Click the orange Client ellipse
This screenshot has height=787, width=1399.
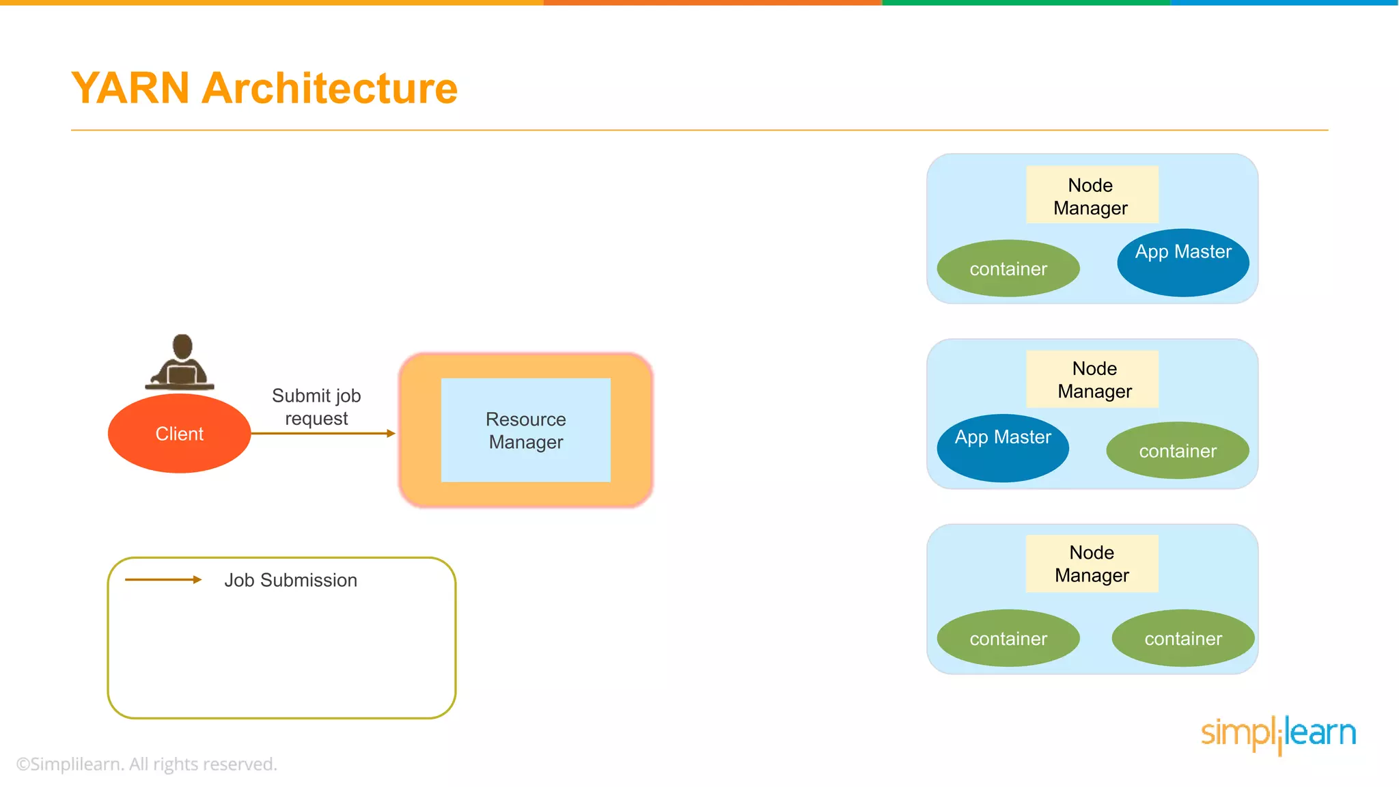pyautogui.click(x=179, y=433)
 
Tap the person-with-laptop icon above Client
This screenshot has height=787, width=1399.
pyautogui.click(x=181, y=363)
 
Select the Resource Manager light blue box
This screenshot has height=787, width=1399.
pyautogui.click(x=525, y=430)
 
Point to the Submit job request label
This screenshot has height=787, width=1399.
pyautogui.click(x=316, y=406)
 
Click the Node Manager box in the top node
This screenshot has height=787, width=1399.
pyautogui.click(x=1092, y=195)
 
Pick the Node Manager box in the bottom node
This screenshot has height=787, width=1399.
pyautogui.click(x=1092, y=564)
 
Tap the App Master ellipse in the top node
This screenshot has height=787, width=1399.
pyautogui.click(x=1182, y=262)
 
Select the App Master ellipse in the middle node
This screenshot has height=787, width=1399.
pyautogui.click(x=1002, y=447)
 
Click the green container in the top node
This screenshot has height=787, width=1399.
pyautogui.click(x=1008, y=268)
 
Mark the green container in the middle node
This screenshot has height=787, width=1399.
pyautogui.click(x=1177, y=451)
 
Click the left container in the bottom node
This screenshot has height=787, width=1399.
pyautogui.click(x=1008, y=638)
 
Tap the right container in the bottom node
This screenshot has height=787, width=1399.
pyautogui.click(x=1182, y=638)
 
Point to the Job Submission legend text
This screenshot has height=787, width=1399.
pyautogui.click(x=290, y=580)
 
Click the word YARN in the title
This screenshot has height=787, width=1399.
pyautogui.click(x=130, y=88)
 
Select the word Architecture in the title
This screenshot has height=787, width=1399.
pyautogui.click(x=329, y=88)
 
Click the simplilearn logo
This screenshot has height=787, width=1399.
pyautogui.click(x=1278, y=734)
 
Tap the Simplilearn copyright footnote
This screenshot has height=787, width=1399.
pyautogui.click(x=147, y=764)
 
